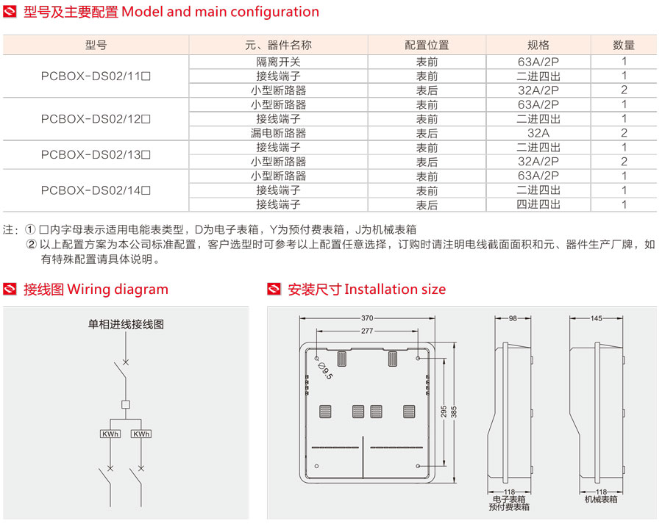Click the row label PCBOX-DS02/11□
[96, 76]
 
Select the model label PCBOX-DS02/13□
[96, 154]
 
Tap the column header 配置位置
[427, 45]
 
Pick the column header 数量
[624, 45]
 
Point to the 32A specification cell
[538, 133]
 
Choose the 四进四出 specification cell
[538, 204]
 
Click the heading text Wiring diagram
[118, 290]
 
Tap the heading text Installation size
[395, 290]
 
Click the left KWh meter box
[110, 434]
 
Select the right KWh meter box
[141, 434]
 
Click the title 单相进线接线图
[126, 323]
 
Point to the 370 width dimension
[367, 318]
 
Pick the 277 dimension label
[366, 331]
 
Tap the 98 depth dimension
[513, 318]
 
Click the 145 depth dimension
[596, 318]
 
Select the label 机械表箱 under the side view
[601, 499]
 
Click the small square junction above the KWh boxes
[126, 404]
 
